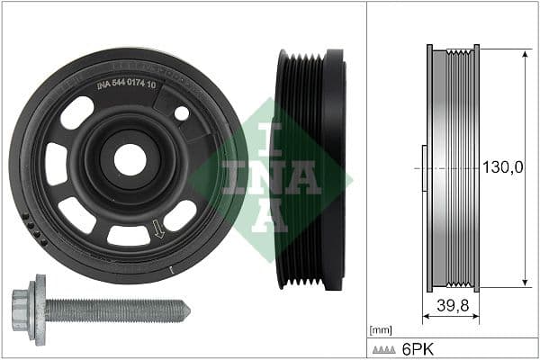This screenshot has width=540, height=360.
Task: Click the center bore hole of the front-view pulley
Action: pos(130,159)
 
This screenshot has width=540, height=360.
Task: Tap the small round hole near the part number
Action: pos(182,113)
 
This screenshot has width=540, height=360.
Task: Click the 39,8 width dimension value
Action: pos(452,305)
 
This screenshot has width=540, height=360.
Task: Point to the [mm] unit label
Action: pos(381,330)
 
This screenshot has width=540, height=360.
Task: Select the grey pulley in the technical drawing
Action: pos(452,168)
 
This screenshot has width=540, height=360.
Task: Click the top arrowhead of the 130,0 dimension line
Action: pos(524,54)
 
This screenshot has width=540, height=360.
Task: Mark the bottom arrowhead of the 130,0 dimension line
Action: pos(524,283)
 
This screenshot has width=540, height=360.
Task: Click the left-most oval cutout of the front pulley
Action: pos(55,164)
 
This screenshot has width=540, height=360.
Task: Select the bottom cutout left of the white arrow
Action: pos(128,236)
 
